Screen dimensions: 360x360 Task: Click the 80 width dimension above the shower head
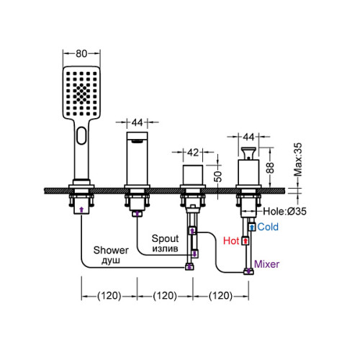[x=81, y=53]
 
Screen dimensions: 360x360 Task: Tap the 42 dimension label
[x=193, y=152]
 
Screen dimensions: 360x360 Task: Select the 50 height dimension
[x=217, y=176]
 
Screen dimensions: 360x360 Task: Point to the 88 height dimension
[x=270, y=168]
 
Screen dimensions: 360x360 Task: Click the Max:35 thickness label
[x=298, y=159]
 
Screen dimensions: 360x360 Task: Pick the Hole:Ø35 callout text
[x=284, y=211]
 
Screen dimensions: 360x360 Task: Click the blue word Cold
[x=268, y=227]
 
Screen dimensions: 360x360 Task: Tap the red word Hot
[x=231, y=240]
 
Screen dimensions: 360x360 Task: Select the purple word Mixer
[x=266, y=264]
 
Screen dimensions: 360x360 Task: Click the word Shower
[x=111, y=251]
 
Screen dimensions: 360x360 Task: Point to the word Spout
[x=165, y=238]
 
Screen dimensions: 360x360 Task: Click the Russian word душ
[x=111, y=261]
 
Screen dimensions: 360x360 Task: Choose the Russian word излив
[x=165, y=248]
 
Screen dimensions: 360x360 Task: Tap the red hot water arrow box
[x=245, y=240]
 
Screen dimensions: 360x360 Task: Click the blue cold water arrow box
[x=252, y=227]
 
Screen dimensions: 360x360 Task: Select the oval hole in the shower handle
[x=81, y=135]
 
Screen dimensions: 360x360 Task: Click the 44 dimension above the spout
[x=137, y=122]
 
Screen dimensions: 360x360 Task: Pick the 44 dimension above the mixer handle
[x=248, y=137]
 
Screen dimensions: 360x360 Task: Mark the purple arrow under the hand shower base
[x=81, y=210]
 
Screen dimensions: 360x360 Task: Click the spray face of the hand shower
[x=81, y=92]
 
